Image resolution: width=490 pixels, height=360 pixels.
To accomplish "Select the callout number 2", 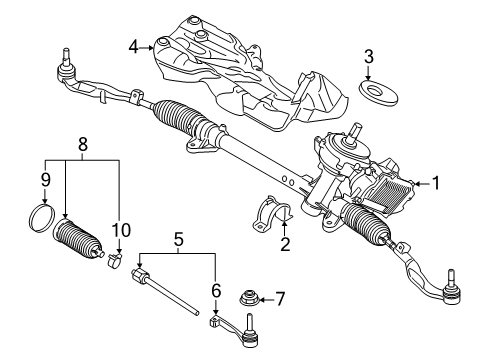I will pos(284,243).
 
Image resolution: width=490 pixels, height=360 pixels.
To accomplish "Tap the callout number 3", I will pos(369,55).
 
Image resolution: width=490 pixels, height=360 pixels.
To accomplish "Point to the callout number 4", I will pos(134,44).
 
